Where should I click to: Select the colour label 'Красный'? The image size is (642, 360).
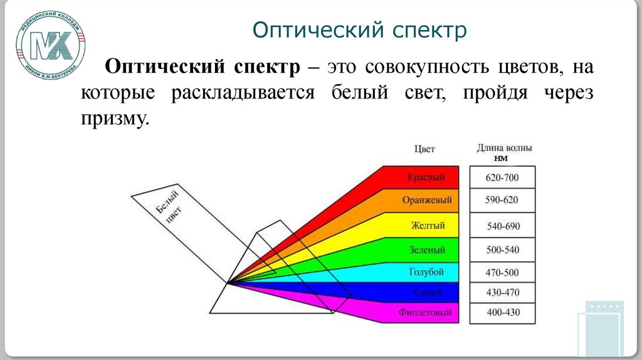[426, 177]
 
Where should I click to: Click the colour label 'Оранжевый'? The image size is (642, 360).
[426, 201]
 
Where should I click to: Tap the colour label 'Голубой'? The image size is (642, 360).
[426, 272]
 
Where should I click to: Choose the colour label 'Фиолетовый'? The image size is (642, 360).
[424, 312]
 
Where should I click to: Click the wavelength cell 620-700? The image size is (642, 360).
[502, 177]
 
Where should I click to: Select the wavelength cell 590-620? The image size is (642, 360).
[502, 201]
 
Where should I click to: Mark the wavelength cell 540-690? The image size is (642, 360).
[502, 225]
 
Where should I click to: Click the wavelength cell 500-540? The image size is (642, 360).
[502, 250]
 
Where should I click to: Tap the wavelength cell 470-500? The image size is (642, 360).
[502, 273]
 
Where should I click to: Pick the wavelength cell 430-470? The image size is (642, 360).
[502, 292]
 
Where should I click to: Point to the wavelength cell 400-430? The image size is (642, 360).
[502, 312]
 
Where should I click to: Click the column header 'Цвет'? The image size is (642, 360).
[424, 149]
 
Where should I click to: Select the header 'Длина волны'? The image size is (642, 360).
[505, 149]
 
